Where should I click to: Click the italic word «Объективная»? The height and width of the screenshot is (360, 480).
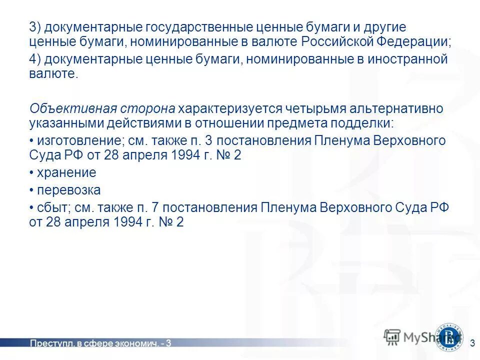[x=66, y=109]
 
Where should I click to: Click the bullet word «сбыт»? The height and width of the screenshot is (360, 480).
[x=50, y=207]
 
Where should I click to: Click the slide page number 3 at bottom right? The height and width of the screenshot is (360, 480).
[x=472, y=343]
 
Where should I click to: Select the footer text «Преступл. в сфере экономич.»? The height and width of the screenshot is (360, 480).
[x=95, y=343]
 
